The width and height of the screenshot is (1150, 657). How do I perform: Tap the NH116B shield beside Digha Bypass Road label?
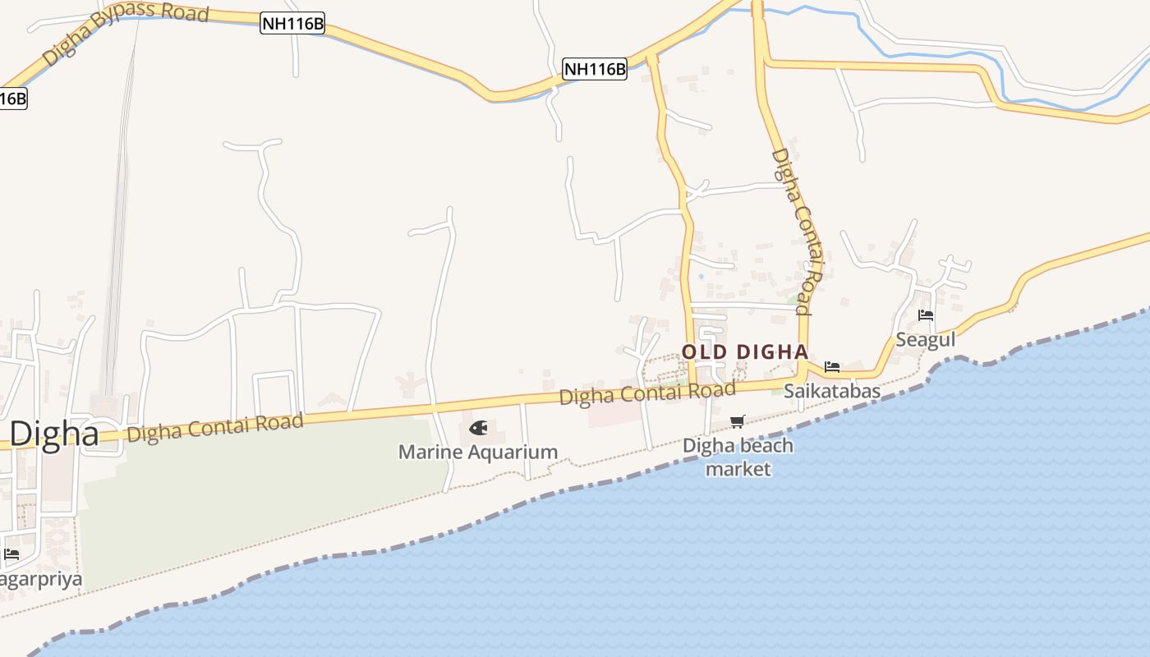click(292, 24)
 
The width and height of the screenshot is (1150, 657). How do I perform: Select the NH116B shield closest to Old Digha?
click(595, 69)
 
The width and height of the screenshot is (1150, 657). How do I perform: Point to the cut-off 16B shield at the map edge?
click(12, 99)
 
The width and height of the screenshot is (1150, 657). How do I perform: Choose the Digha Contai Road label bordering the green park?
click(214, 427)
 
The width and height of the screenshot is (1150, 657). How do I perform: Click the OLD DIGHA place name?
click(745, 352)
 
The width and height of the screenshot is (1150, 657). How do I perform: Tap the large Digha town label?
click(54, 433)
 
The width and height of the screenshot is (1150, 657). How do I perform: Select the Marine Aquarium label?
click(478, 452)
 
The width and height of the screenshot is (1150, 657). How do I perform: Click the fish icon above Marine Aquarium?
click(478, 428)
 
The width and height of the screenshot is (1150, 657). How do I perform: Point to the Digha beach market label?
click(738, 457)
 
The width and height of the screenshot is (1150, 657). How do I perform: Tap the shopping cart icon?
click(738, 421)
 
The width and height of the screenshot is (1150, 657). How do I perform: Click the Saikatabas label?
click(831, 391)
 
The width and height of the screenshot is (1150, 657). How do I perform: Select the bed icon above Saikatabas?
click(832, 366)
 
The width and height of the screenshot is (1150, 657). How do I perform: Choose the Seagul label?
click(925, 339)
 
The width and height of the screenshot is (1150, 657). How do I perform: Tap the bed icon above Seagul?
click(926, 315)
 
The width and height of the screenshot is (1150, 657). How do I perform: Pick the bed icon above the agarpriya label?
click(11, 554)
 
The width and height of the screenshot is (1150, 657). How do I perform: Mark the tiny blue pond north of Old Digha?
click(701, 276)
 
